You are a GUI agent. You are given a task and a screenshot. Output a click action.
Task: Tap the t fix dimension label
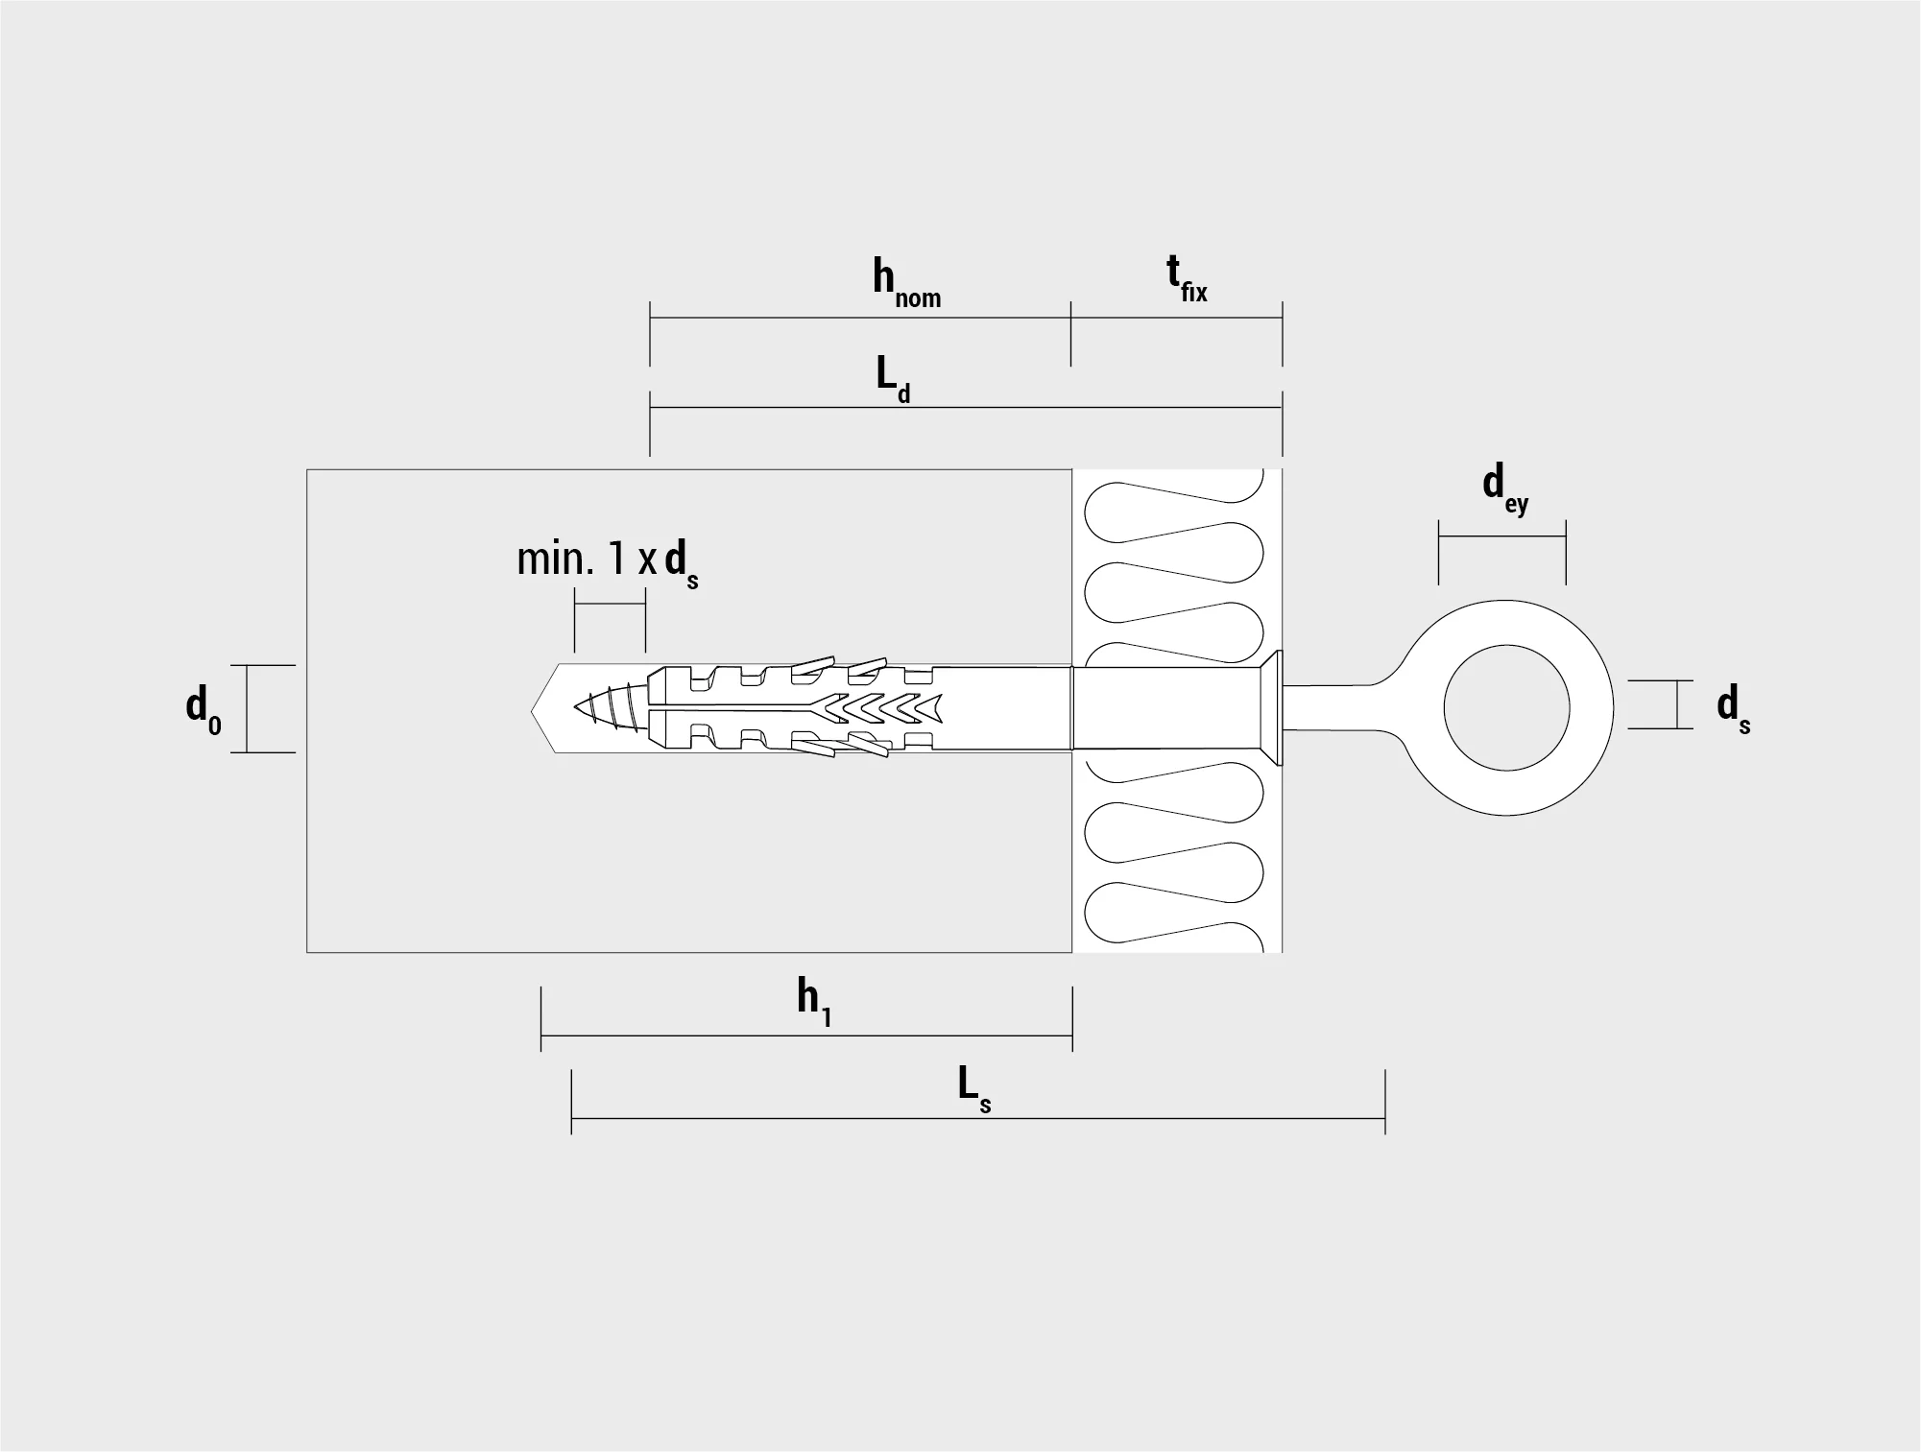(x=1188, y=279)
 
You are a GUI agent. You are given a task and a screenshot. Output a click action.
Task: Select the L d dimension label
(x=893, y=379)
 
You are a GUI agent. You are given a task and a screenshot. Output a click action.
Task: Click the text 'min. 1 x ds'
(x=608, y=562)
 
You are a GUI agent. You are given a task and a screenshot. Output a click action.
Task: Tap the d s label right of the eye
(x=1734, y=709)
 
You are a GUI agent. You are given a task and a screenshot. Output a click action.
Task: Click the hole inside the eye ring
(x=1506, y=709)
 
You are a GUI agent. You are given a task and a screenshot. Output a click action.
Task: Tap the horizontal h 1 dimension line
(x=806, y=1036)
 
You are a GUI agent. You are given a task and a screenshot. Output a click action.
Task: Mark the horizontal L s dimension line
(x=978, y=1118)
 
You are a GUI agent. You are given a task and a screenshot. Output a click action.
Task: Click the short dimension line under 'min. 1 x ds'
(x=610, y=604)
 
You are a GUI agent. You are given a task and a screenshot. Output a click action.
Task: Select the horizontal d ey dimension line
(x=1501, y=536)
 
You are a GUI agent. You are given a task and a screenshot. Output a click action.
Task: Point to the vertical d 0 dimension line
(x=247, y=708)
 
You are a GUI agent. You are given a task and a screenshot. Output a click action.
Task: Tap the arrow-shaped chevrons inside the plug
(x=878, y=708)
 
